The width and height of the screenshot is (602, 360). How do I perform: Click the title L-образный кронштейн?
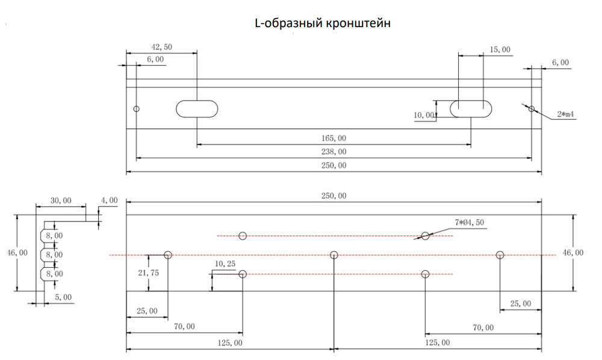click(x=323, y=24)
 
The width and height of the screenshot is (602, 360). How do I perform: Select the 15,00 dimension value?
click(x=500, y=50)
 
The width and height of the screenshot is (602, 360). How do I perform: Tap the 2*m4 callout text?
click(x=566, y=114)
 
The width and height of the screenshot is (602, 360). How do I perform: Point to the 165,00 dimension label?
click(x=335, y=138)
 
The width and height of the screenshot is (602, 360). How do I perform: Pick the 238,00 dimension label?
click(x=335, y=152)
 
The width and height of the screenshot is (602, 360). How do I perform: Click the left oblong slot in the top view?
click(x=197, y=108)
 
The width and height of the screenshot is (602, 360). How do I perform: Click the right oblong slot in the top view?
click(x=471, y=108)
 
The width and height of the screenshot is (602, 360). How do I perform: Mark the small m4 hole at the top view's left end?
click(x=137, y=109)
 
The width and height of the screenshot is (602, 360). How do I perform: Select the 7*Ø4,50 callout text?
click(x=470, y=223)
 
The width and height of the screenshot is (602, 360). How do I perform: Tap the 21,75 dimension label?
click(x=149, y=273)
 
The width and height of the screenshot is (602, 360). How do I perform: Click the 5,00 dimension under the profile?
click(x=63, y=297)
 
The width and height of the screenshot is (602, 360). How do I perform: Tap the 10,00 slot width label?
click(x=424, y=115)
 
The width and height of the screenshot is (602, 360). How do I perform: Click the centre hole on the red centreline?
click(x=334, y=255)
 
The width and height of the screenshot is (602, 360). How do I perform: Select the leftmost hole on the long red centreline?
click(x=168, y=255)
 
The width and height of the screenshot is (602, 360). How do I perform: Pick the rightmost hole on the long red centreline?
click(x=500, y=255)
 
